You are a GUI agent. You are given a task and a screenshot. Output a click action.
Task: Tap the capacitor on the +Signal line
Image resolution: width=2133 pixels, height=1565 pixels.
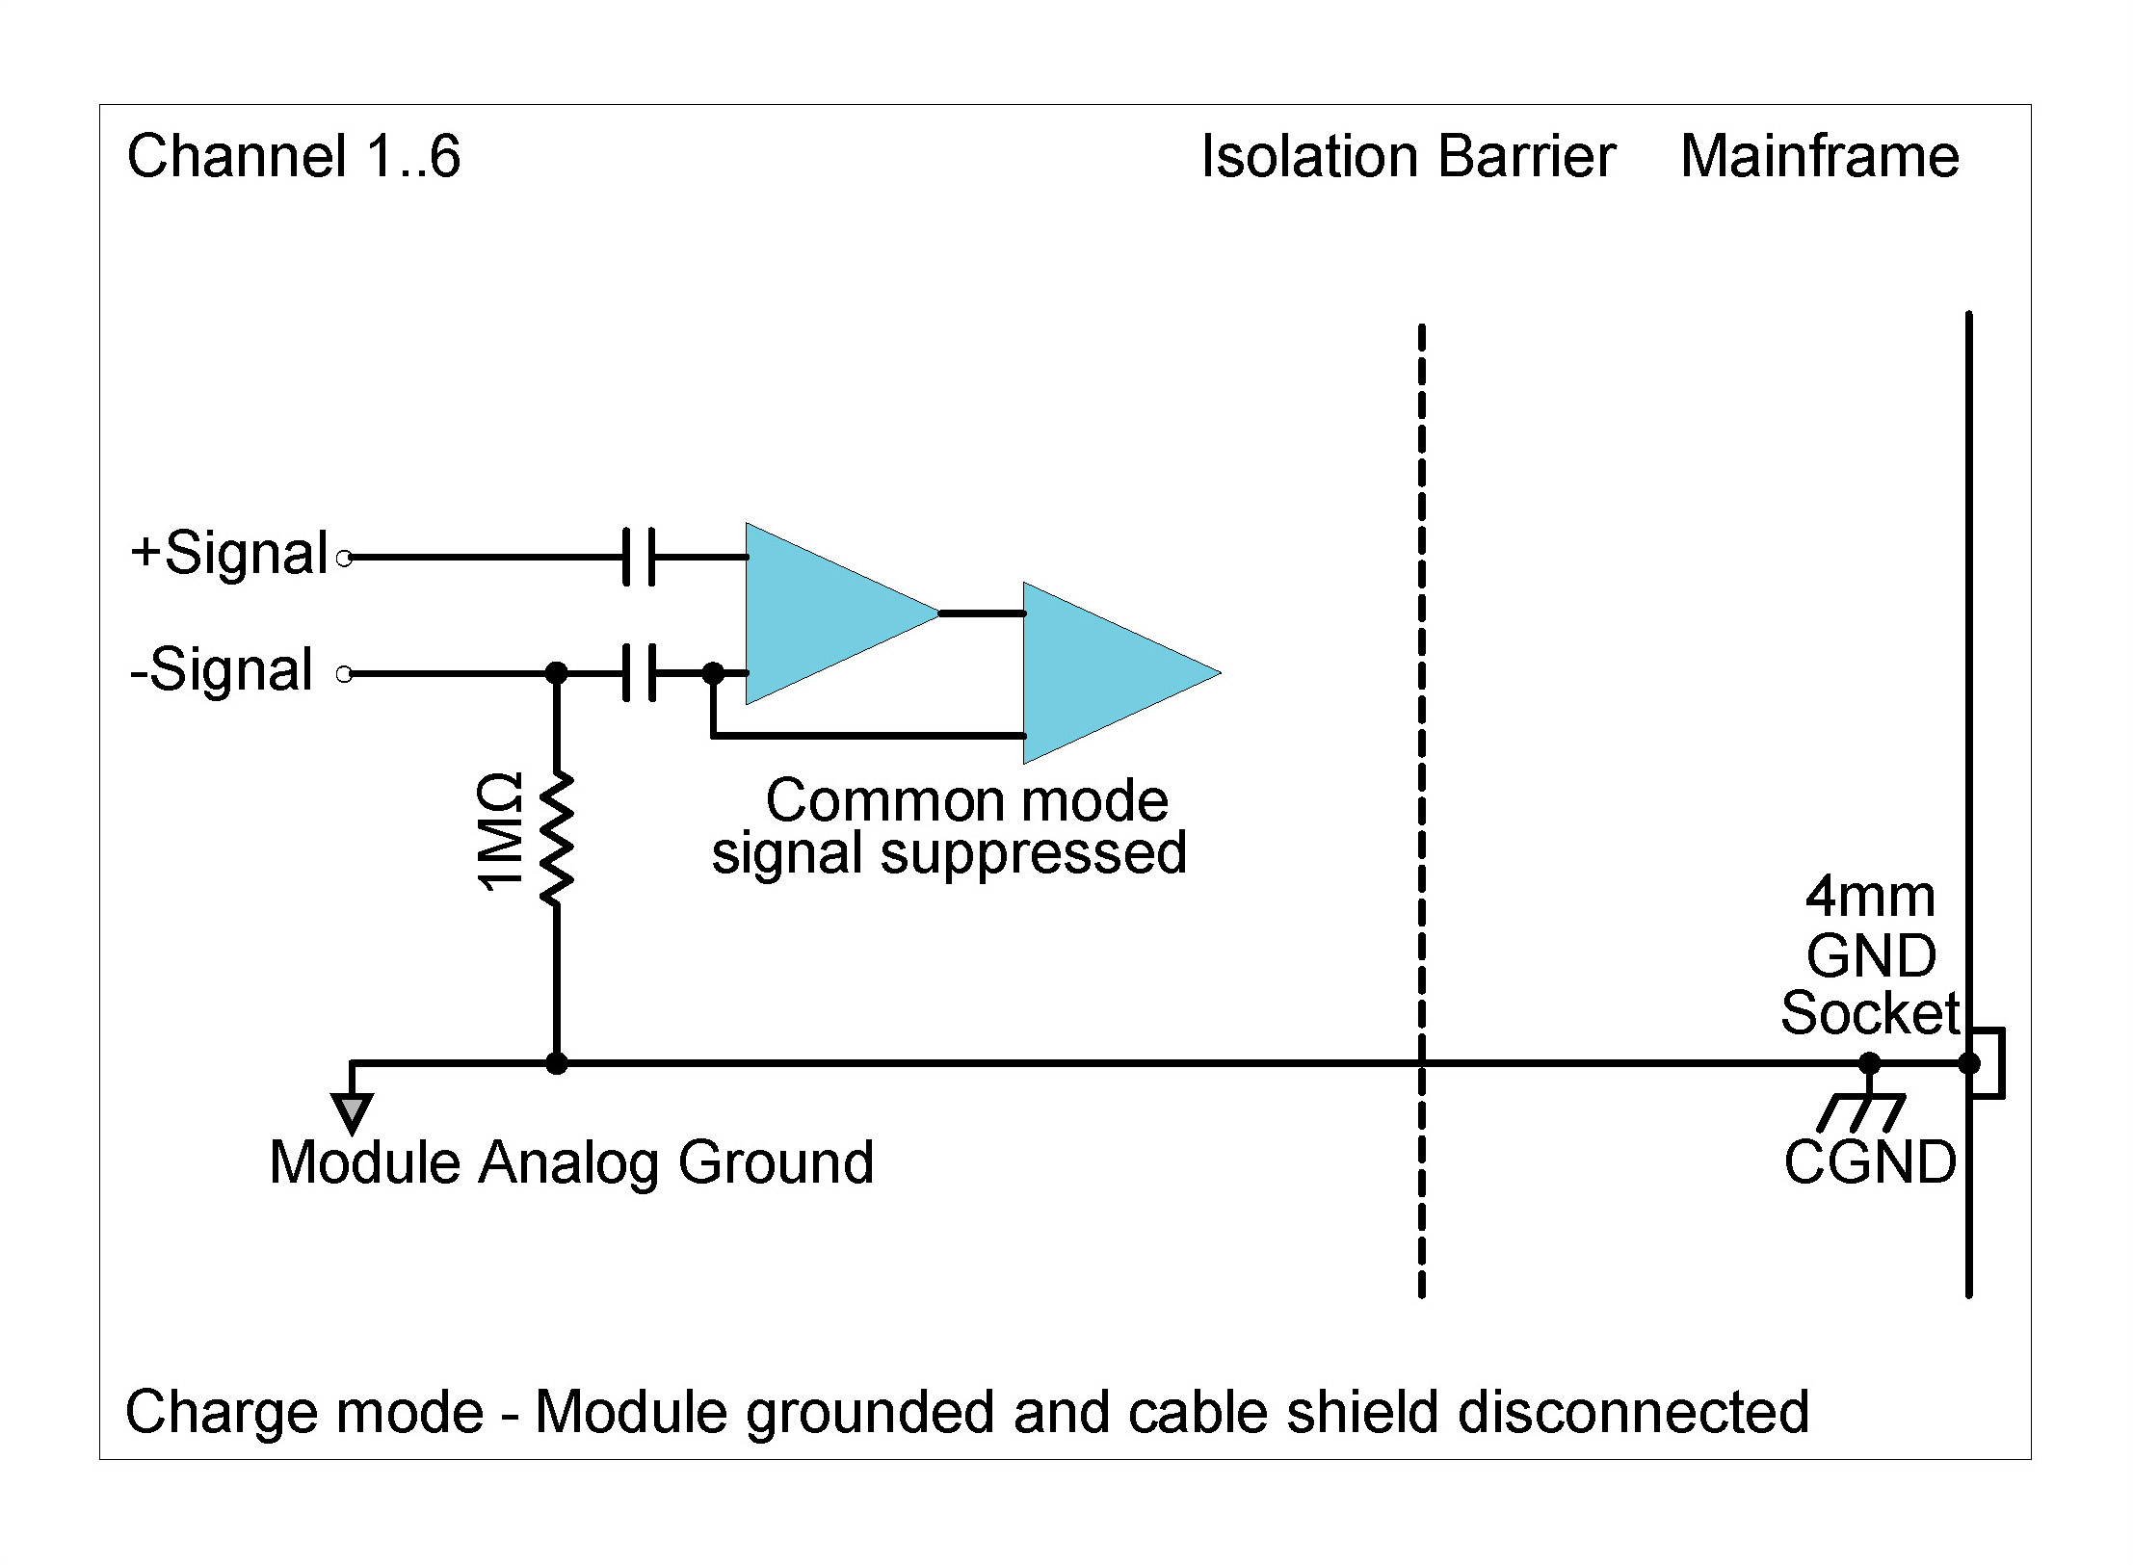click(638, 556)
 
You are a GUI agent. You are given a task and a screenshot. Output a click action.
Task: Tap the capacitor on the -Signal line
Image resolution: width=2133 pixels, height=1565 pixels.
click(638, 672)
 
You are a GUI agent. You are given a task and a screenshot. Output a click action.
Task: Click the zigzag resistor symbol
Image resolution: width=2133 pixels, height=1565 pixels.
click(556, 838)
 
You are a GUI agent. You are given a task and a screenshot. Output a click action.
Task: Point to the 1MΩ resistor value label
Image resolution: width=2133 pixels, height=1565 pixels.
click(501, 832)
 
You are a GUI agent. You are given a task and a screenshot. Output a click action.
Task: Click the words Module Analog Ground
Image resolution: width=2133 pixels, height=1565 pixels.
click(570, 1162)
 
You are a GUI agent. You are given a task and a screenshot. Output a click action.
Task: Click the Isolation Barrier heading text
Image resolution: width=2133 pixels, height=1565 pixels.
click(1408, 157)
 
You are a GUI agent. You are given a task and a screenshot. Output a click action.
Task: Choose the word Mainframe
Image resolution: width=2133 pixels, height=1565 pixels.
click(1819, 157)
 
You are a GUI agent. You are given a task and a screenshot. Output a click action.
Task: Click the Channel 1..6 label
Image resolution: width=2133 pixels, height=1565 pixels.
click(294, 157)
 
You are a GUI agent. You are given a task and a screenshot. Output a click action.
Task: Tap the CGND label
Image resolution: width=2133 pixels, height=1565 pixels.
click(1870, 1162)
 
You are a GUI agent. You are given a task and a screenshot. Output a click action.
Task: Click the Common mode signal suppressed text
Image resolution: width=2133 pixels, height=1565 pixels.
click(949, 826)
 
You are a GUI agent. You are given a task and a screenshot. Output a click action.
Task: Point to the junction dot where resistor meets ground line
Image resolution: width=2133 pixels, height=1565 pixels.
click(556, 1063)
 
